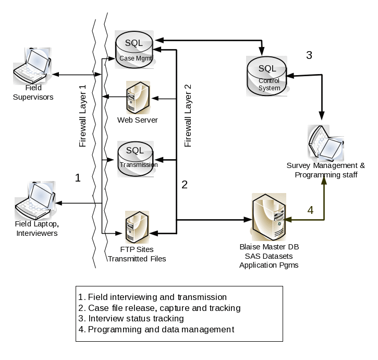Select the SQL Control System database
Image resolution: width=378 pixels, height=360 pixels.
267,76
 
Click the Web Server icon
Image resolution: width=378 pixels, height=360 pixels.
138,98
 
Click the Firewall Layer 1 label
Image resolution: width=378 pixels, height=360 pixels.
82,116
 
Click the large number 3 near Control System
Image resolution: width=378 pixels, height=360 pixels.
309,55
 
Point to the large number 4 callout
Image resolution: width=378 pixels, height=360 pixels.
310,210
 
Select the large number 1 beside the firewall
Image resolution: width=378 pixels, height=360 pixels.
78,178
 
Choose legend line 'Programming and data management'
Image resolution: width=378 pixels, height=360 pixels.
156,329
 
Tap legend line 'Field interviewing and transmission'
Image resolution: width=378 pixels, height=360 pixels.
152,297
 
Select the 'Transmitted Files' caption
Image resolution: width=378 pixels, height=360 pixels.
137,259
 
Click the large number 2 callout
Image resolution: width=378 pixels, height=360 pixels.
184,184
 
